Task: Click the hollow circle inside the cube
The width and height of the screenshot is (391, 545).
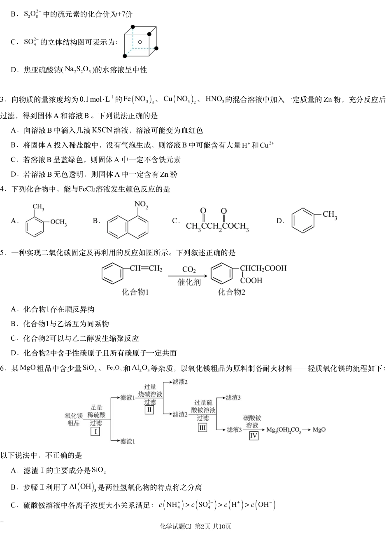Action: point(140,42)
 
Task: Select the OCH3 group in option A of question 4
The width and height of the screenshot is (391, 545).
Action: point(58,222)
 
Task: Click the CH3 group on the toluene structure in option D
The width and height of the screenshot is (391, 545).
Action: point(330,215)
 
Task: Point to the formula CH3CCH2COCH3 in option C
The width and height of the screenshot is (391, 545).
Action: point(217,227)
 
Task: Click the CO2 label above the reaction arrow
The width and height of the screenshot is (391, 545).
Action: point(189,270)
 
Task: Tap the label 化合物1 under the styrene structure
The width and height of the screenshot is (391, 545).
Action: point(135,292)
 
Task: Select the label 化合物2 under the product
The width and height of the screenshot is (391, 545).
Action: point(231,292)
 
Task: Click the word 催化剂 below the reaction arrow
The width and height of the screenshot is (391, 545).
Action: point(189,282)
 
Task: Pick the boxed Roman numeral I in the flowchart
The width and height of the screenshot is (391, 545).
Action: point(96,431)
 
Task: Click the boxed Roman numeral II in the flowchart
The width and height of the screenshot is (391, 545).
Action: point(149,410)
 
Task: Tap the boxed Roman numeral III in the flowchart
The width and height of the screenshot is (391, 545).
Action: point(202,427)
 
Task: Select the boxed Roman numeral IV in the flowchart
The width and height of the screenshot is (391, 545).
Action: point(254,435)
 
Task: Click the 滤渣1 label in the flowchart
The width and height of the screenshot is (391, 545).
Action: point(128,441)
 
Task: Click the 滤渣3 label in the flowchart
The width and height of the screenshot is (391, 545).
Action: point(233,398)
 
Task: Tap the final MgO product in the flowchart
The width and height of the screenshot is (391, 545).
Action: point(319,430)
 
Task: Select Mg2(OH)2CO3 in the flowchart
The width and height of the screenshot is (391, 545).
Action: point(284,430)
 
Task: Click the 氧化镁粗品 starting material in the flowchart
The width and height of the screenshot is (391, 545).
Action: point(74,419)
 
